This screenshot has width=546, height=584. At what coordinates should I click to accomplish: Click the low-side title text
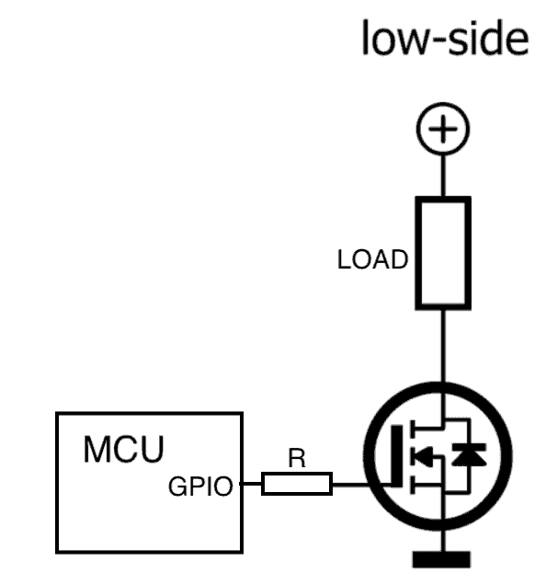pos(445,38)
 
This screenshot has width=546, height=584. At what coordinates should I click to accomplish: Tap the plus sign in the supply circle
pos(443,129)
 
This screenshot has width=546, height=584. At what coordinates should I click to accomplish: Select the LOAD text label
pos(372,259)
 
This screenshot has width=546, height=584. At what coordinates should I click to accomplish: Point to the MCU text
pos(123,449)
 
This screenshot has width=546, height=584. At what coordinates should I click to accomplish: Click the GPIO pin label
pos(200,486)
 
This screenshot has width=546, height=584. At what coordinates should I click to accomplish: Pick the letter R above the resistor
pos(297,458)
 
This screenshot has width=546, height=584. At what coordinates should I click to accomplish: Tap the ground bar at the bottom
pos(441,559)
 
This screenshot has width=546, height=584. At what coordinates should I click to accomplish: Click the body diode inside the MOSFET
pos(469,454)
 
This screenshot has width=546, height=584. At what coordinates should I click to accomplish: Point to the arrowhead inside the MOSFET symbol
pos(424,456)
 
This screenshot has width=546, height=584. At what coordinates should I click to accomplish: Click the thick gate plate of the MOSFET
pos(397,455)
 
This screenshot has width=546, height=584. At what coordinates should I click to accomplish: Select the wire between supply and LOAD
pos(443,176)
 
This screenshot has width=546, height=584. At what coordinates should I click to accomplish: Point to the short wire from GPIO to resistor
pos(251,484)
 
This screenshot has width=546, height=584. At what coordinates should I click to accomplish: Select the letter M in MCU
pos(97,449)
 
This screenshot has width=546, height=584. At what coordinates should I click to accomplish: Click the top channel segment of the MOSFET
pos(413,429)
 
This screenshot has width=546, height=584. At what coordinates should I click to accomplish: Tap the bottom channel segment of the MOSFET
pos(413,485)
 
